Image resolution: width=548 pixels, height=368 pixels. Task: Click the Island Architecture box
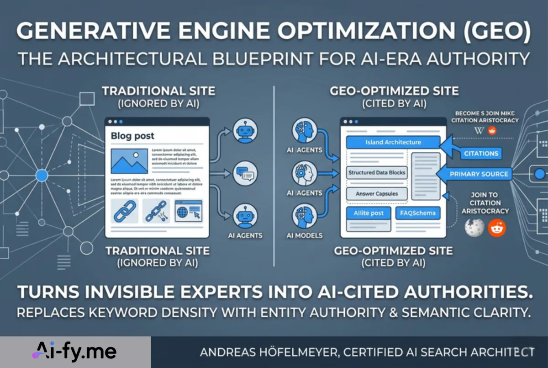[393, 142]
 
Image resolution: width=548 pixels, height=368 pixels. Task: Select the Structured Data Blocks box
[377, 173]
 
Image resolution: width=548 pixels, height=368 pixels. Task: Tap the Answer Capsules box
[376, 194]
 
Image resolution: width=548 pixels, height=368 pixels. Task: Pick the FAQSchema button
[418, 213]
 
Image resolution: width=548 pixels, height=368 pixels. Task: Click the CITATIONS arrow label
[481, 154]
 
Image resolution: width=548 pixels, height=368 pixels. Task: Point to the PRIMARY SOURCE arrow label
[478, 174]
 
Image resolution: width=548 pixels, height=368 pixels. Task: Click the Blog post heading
[132, 136]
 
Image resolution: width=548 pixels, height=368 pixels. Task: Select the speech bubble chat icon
[245, 174]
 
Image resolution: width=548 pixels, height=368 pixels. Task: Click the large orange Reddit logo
[497, 227]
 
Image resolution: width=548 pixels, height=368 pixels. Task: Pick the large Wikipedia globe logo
[474, 227]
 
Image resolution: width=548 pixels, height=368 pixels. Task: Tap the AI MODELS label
[304, 235]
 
